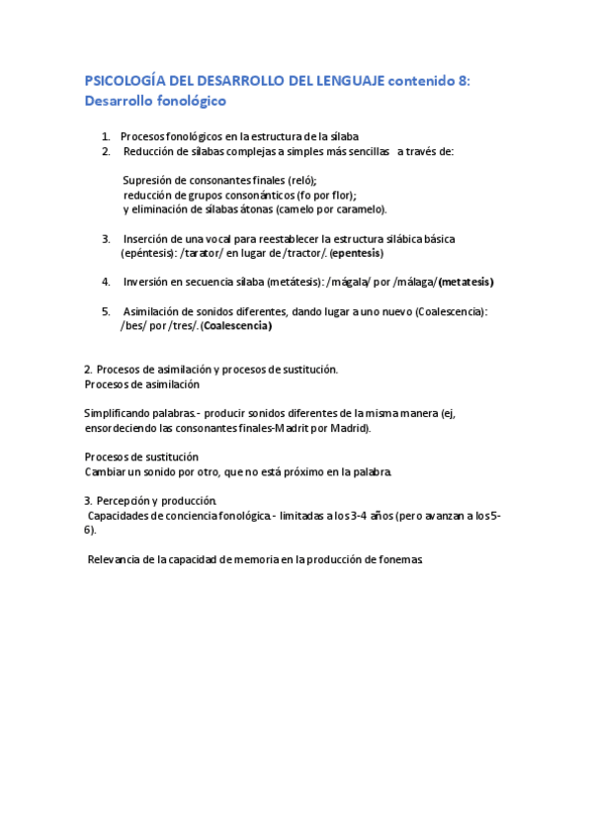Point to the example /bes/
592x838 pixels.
[x=134, y=325]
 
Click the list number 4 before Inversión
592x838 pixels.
[x=106, y=282]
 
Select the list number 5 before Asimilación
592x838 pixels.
[x=106, y=311]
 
